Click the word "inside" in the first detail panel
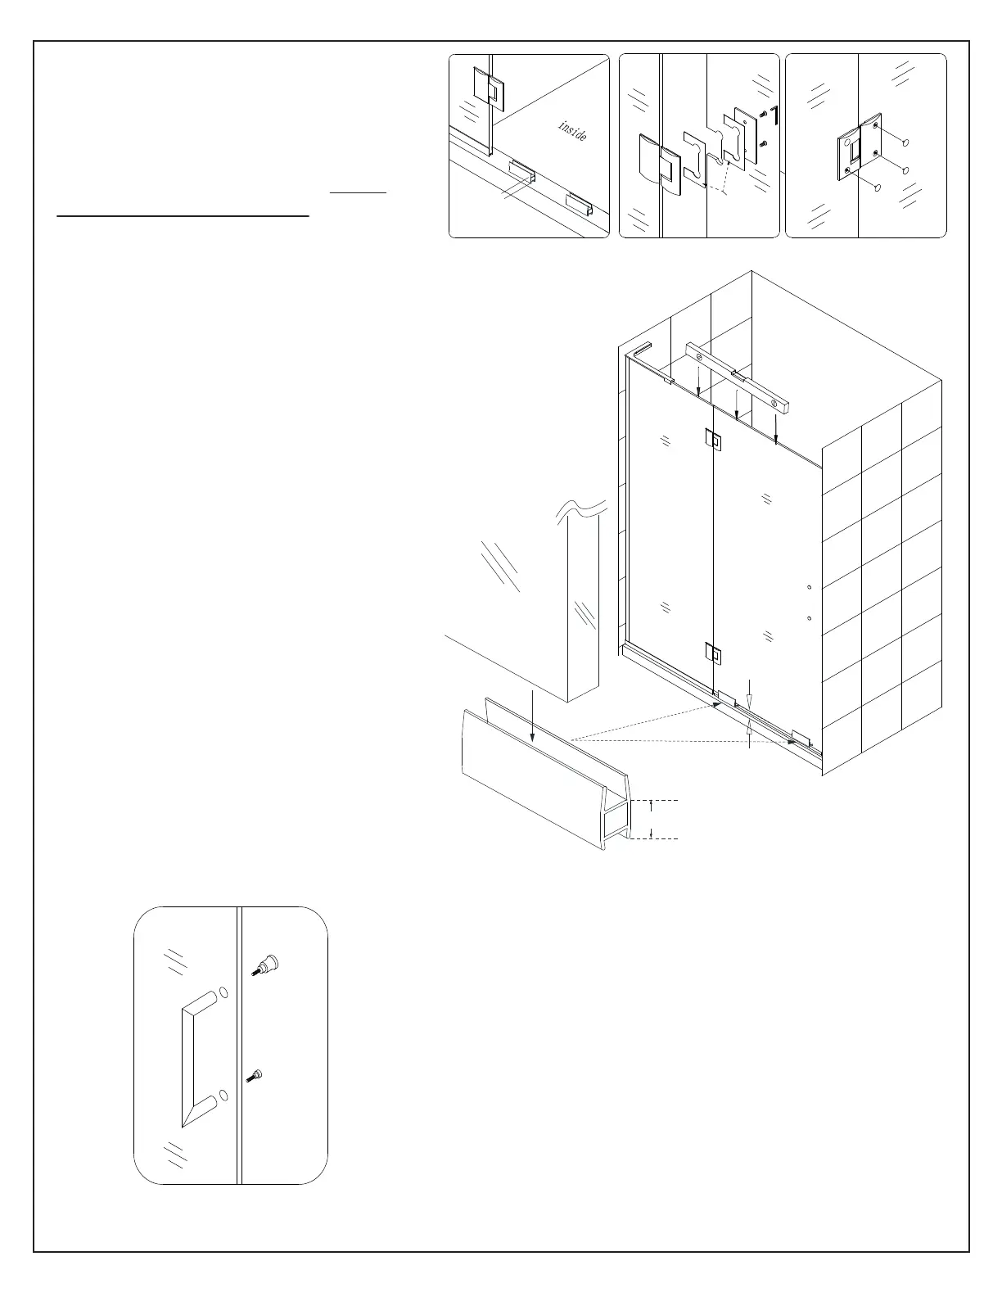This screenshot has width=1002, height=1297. point(572,130)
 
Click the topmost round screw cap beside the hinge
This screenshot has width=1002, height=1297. point(906,142)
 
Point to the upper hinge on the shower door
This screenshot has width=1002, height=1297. point(713,440)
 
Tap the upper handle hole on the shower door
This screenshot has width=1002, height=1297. point(808,588)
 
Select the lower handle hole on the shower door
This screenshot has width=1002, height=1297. point(808,618)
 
